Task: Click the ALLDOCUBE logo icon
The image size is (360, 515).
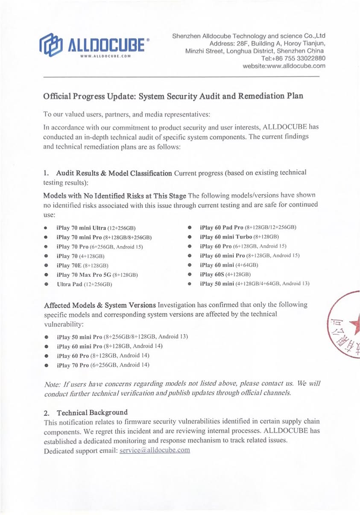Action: (x=51, y=44)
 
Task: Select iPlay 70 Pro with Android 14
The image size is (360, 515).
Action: (x=102, y=365)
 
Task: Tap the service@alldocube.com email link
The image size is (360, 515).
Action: (x=155, y=451)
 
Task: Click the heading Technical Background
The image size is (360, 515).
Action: (x=92, y=413)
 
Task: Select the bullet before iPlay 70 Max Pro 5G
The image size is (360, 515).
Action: (x=45, y=275)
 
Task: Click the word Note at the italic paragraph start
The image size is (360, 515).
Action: (x=52, y=384)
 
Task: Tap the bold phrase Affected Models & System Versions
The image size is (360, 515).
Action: (x=100, y=305)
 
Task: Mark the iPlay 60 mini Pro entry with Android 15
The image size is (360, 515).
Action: (x=249, y=255)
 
